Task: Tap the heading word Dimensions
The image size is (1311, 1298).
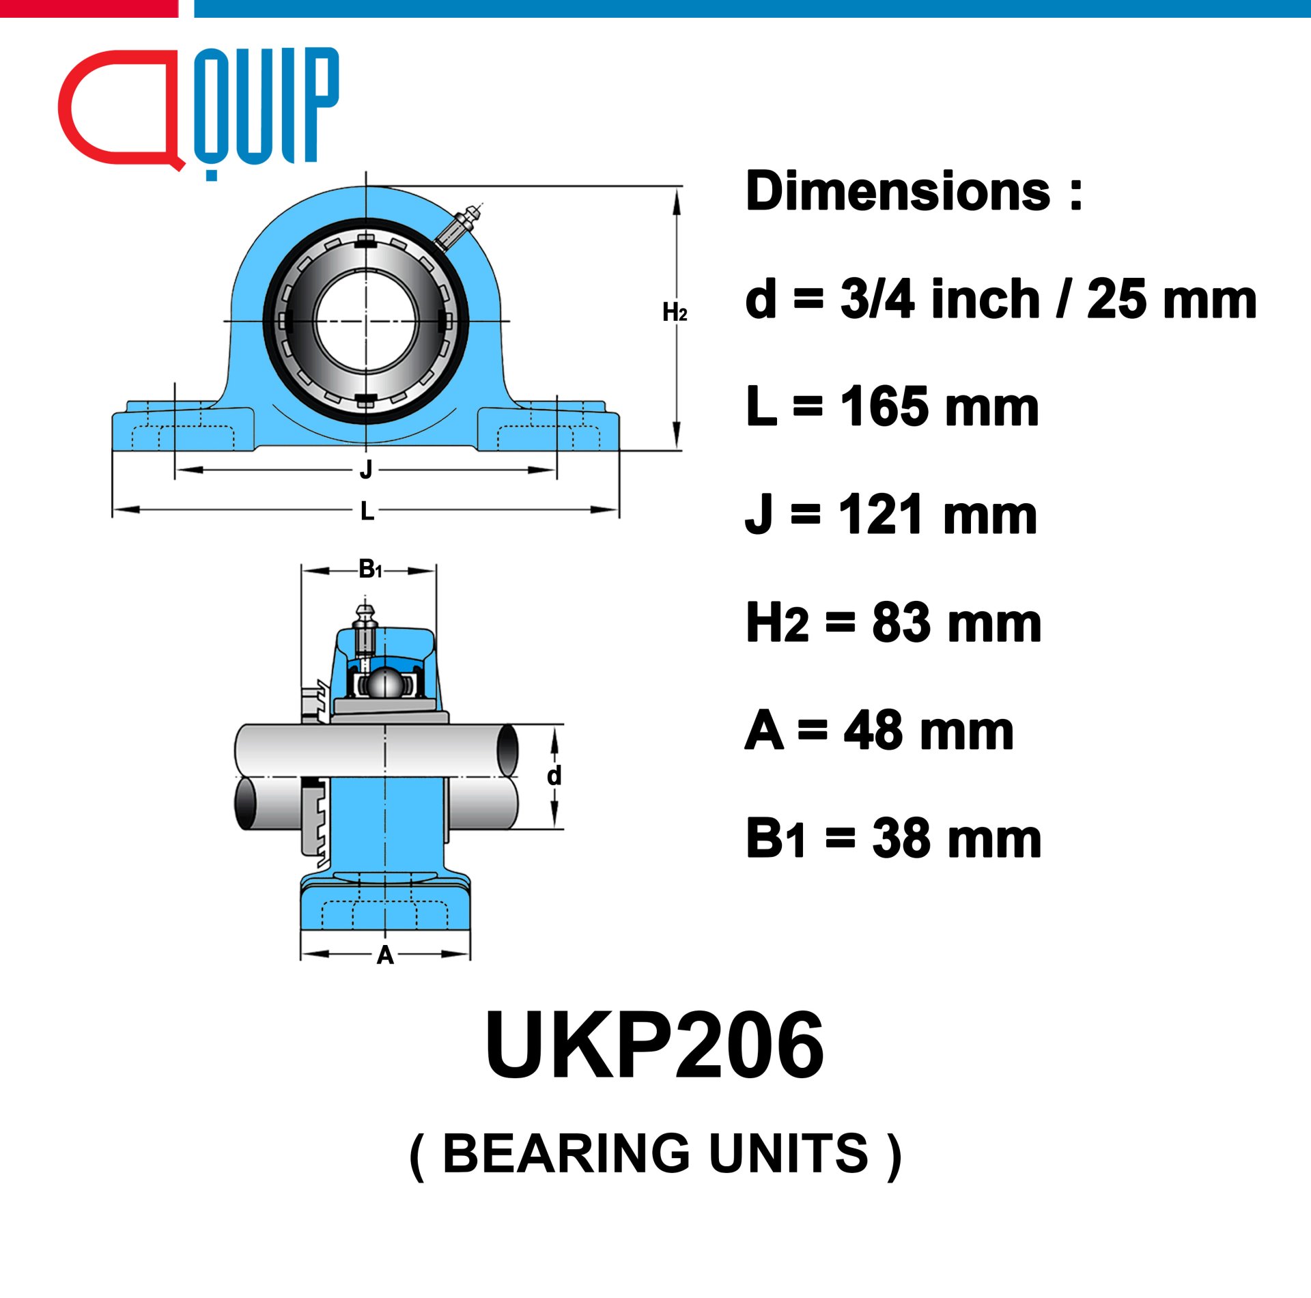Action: click(899, 191)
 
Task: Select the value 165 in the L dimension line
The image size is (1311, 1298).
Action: click(884, 407)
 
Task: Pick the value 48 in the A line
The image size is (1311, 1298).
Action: click(872, 731)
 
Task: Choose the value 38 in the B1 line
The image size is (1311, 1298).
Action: click(901, 838)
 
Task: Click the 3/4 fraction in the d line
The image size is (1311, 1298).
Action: click(877, 299)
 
